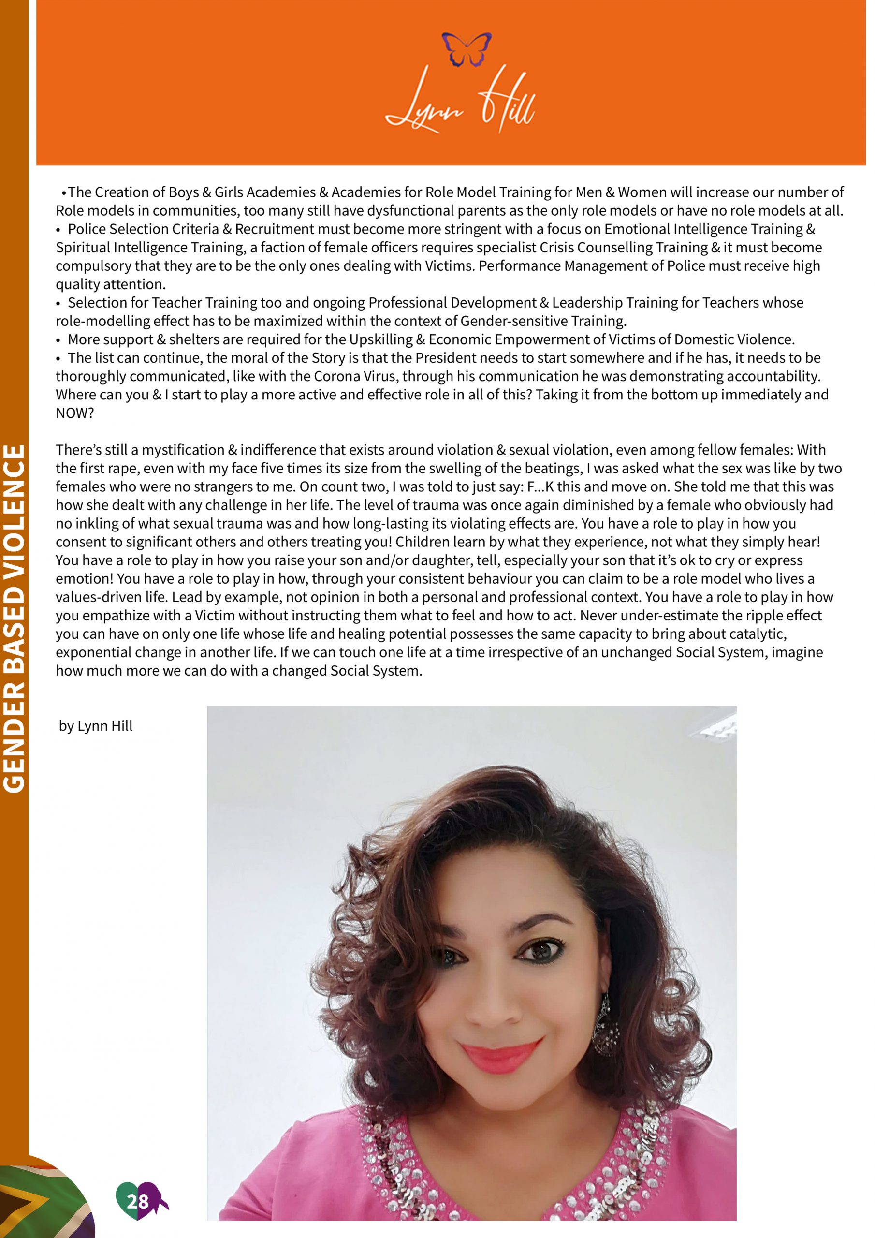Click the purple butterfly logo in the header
[x=471, y=49]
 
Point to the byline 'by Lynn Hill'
[x=97, y=733]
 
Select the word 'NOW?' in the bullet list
[x=75, y=418]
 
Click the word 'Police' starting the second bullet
[x=87, y=231]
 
